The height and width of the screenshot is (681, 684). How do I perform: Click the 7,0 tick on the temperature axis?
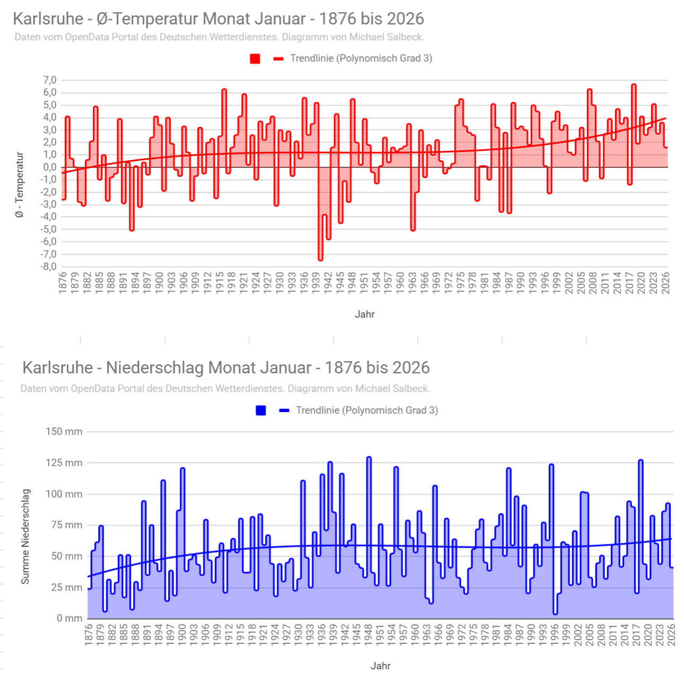[50, 80]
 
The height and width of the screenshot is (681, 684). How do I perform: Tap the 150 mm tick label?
[64, 432]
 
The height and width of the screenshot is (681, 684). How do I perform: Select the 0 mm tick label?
[69, 618]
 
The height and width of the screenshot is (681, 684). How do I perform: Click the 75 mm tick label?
[67, 525]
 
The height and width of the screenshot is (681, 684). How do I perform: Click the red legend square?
[255, 59]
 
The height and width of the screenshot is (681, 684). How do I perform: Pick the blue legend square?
[261, 410]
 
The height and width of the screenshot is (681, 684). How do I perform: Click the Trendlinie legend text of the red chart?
[361, 58]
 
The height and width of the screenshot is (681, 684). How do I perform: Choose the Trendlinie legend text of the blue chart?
[367, 410]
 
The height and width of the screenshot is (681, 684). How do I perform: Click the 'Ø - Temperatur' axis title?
[20, 185]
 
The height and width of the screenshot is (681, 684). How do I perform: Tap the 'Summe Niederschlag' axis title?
[25, 536]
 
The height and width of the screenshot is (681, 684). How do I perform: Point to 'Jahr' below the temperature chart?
[365, 314]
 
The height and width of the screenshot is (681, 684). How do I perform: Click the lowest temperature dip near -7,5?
[320, 259]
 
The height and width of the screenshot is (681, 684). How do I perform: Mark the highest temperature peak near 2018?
[634, 85]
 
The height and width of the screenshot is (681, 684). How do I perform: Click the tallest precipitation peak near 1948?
[369, 458]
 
